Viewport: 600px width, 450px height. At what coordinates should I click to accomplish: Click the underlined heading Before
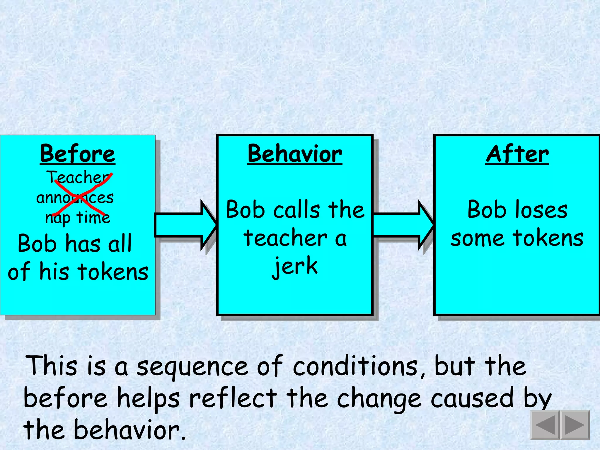pyautogui.click(x=78, y=154)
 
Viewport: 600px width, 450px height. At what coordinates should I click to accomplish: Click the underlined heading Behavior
pyautogui.click(x=295, y=154)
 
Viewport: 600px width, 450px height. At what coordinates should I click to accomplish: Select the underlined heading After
pyautogui.click(x=517, y=154)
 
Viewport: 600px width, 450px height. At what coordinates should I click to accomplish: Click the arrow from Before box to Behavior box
pyautogui.click(x=185, y=225)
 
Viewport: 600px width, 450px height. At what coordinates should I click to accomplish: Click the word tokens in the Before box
pyautogui.click(x=113, y=272)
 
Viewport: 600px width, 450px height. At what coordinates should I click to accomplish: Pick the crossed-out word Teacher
pyautogui.click(x=79, y=177)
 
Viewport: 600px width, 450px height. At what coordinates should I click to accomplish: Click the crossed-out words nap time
pyautogui.click(x=78, y=218)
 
